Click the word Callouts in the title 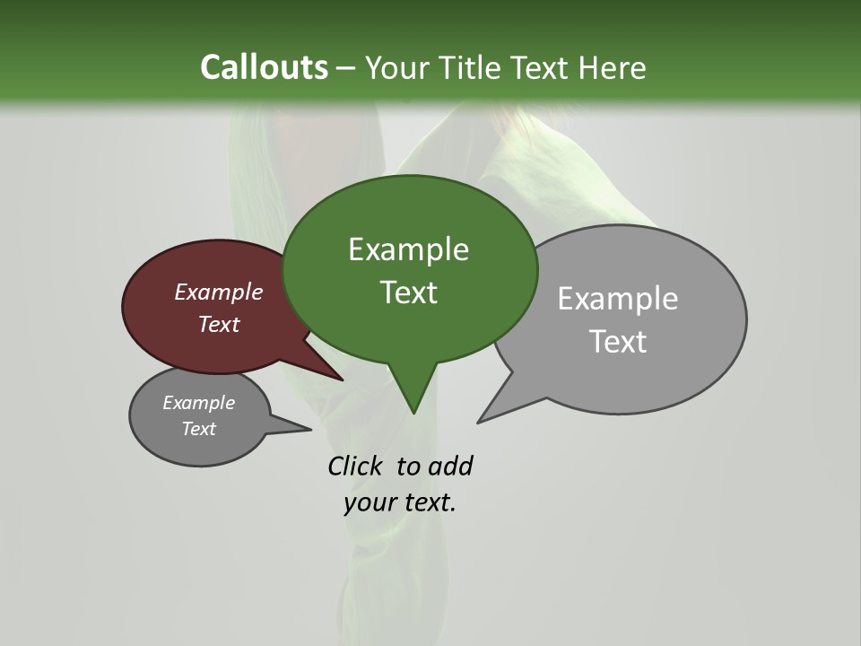264,67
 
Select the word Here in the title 613,67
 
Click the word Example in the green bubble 408,249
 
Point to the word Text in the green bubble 408,292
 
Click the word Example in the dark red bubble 218,292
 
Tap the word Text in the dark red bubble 218,324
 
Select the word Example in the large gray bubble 617,298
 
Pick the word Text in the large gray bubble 619,341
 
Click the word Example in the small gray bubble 198,403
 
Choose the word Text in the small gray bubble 198,429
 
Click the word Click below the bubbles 354,466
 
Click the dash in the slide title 347,68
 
